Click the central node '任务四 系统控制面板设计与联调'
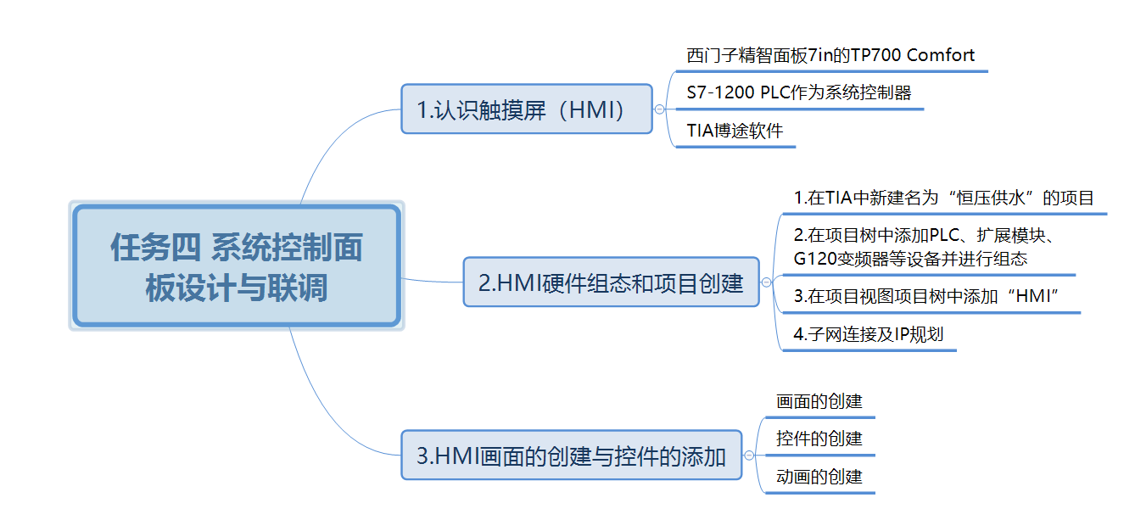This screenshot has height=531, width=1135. point(236,266)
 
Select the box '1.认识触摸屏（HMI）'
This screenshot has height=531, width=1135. point(526,109)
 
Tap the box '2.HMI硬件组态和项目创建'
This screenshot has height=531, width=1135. point(611,282)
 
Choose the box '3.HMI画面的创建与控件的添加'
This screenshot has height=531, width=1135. point(571,456)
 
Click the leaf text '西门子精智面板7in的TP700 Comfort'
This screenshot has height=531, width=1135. point(830,56)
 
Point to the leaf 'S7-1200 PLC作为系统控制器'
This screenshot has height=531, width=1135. point(799,93)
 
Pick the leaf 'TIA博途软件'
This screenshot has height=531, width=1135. point(735,131)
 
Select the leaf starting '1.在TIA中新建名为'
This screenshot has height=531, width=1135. point(943,198)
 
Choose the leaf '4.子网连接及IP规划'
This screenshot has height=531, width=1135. point(868,334)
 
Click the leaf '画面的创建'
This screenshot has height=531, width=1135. point(819,401)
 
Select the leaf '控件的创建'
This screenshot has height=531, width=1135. point(819,439)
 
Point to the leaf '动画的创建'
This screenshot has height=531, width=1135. point(819,477)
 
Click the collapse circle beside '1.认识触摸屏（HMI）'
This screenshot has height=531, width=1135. point(659,109)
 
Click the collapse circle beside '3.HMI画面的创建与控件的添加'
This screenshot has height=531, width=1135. point(749,456)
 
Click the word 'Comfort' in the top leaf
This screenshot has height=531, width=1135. point(941,56)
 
